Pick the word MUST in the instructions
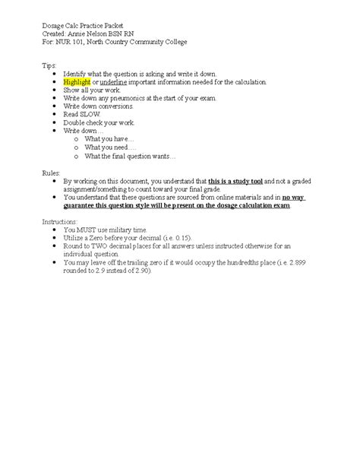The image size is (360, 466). click(86, 229)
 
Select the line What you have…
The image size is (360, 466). click(109, 140)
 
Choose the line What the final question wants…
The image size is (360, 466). click(130, 157)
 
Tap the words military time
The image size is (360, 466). click(121, 229)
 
